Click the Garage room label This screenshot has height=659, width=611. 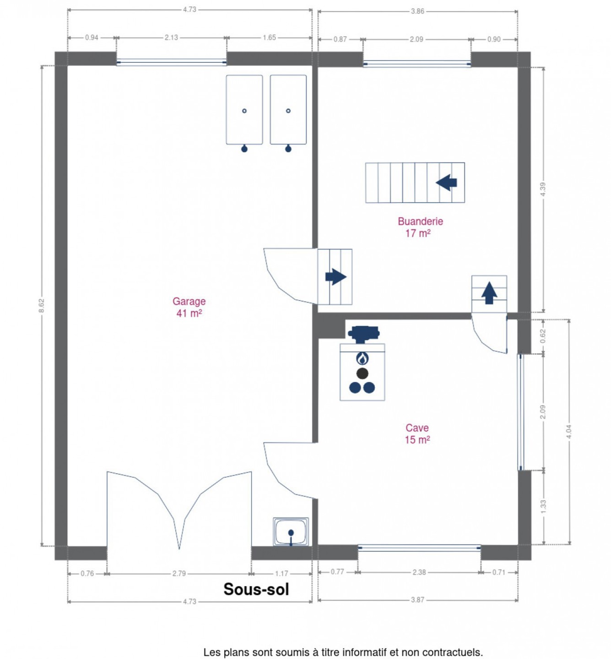click(x=189, y=307)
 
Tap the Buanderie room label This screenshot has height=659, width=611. click(x=420, y=227)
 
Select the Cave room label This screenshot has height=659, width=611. click(x=417, y=434)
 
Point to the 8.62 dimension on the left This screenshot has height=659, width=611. click(x=41, y=306)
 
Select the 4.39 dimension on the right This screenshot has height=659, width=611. click(x=543, y=189)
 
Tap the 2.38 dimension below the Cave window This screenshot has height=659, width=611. click(x=419, y=572)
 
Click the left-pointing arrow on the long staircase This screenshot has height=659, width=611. click(x=446, y=183)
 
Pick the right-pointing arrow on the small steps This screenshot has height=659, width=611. click(x=335, y=276)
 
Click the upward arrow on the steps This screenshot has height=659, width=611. click(x=489, y=293)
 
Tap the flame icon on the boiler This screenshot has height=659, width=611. click(x=362, y=358)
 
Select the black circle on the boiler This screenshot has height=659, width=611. click(x=362, y=373)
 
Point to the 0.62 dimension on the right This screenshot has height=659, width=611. click(x=543, y=336)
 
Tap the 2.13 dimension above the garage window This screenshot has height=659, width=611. click(x=171, y=38)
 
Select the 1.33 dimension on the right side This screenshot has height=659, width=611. click(x=543, y=507)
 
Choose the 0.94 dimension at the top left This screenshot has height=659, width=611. click(x=91, y=38)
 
